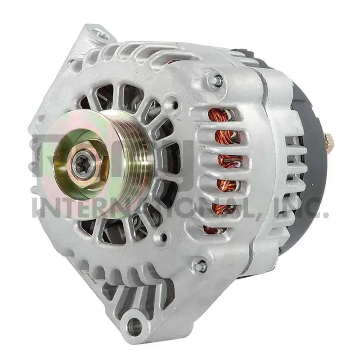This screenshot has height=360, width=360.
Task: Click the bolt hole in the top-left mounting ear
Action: pyautogui.click(x=100, y=33)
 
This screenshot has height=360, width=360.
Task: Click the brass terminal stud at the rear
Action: pyautogui.click(x=332, y=141)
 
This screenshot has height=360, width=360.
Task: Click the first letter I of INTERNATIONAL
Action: pyautogui.click(x=36, y=207)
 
